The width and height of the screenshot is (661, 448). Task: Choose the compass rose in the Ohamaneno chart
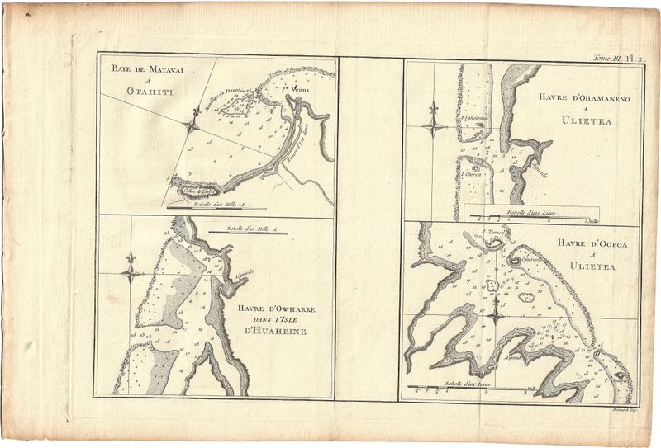(x=432, y=125)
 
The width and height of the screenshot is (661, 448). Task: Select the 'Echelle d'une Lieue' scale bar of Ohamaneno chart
(x=529, y=217)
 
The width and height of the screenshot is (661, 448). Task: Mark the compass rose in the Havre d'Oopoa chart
(x=493, y=313)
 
